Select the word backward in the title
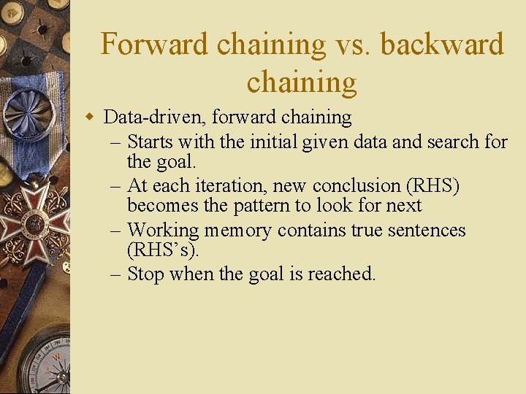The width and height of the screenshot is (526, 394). [x=442, y=45]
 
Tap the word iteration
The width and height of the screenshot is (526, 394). [x=232, y=186]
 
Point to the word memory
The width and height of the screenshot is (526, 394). [x=237, y=231]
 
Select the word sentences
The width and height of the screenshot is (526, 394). [x=426, y=231]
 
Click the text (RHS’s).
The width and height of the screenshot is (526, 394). [x=162, y=250]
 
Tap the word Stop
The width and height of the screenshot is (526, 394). [x=144, y=274]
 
